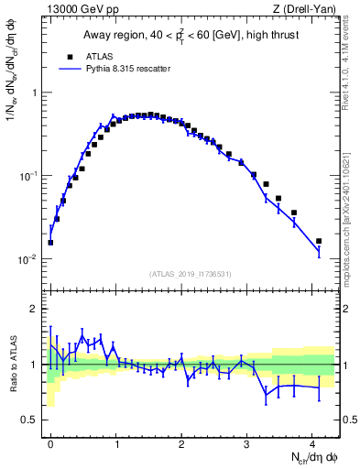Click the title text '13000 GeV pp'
[76, 9]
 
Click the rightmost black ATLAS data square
[319, 241]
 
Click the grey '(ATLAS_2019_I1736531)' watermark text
[190, 274]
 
